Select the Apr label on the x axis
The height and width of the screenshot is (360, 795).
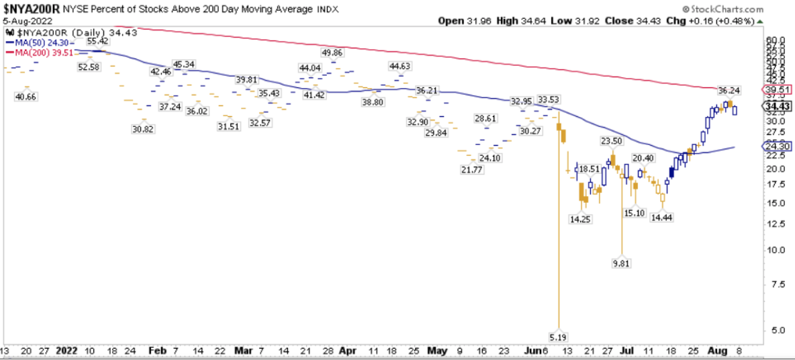pos(348,351)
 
